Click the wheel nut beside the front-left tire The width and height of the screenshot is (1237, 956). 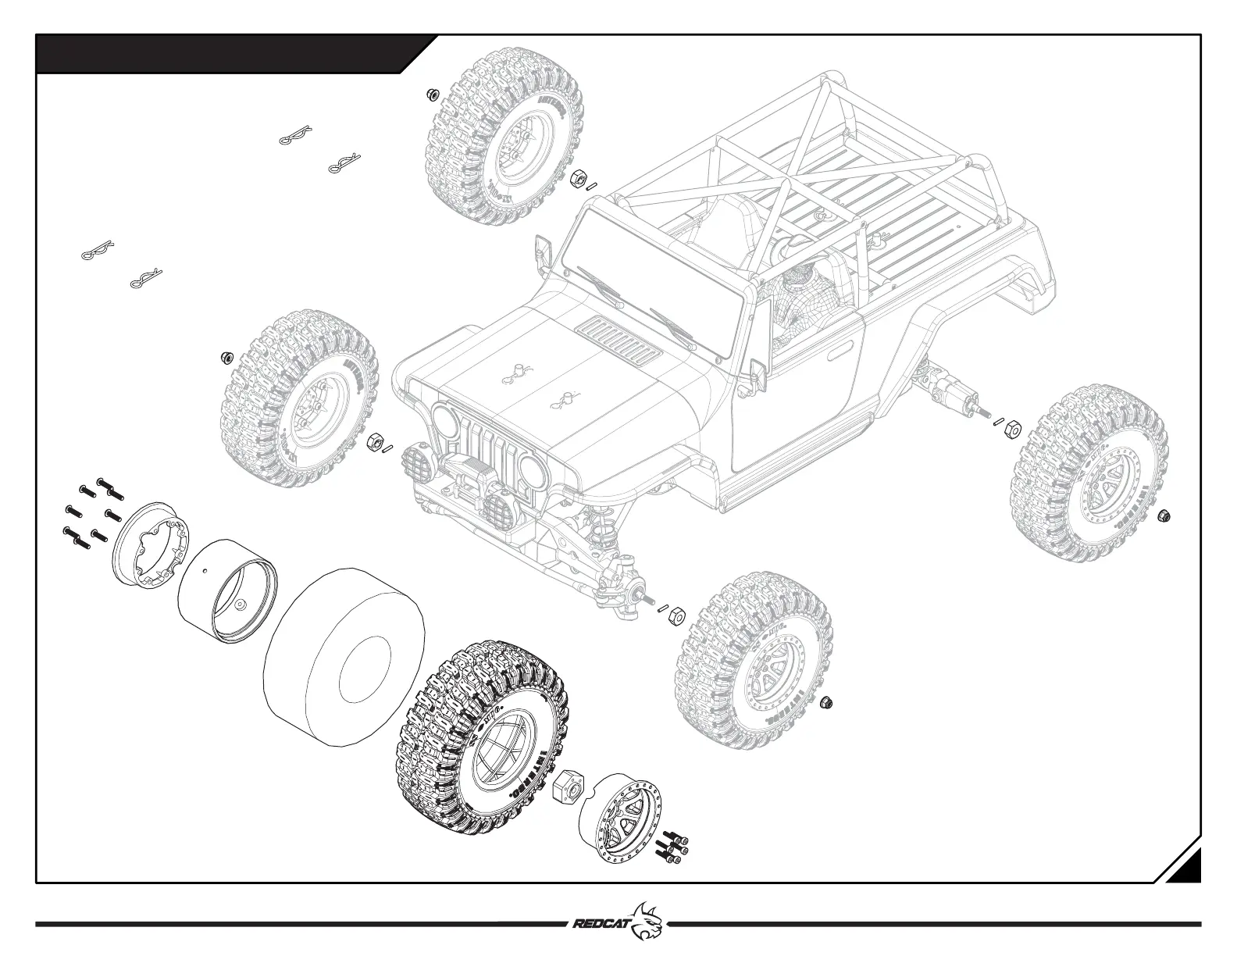[226, 357]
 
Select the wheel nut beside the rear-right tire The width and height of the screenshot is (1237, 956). [1164, 515]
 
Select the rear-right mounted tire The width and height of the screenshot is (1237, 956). [1089, 476]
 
